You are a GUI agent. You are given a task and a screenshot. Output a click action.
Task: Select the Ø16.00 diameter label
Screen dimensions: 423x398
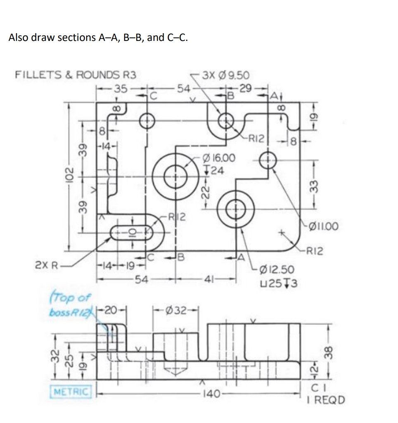click(x=220, y=158)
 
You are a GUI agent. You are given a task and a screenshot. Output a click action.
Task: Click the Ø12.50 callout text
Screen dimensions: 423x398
click(x=277, y=270)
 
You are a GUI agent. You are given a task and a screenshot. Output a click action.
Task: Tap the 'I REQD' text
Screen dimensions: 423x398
click(x=326, y=400)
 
